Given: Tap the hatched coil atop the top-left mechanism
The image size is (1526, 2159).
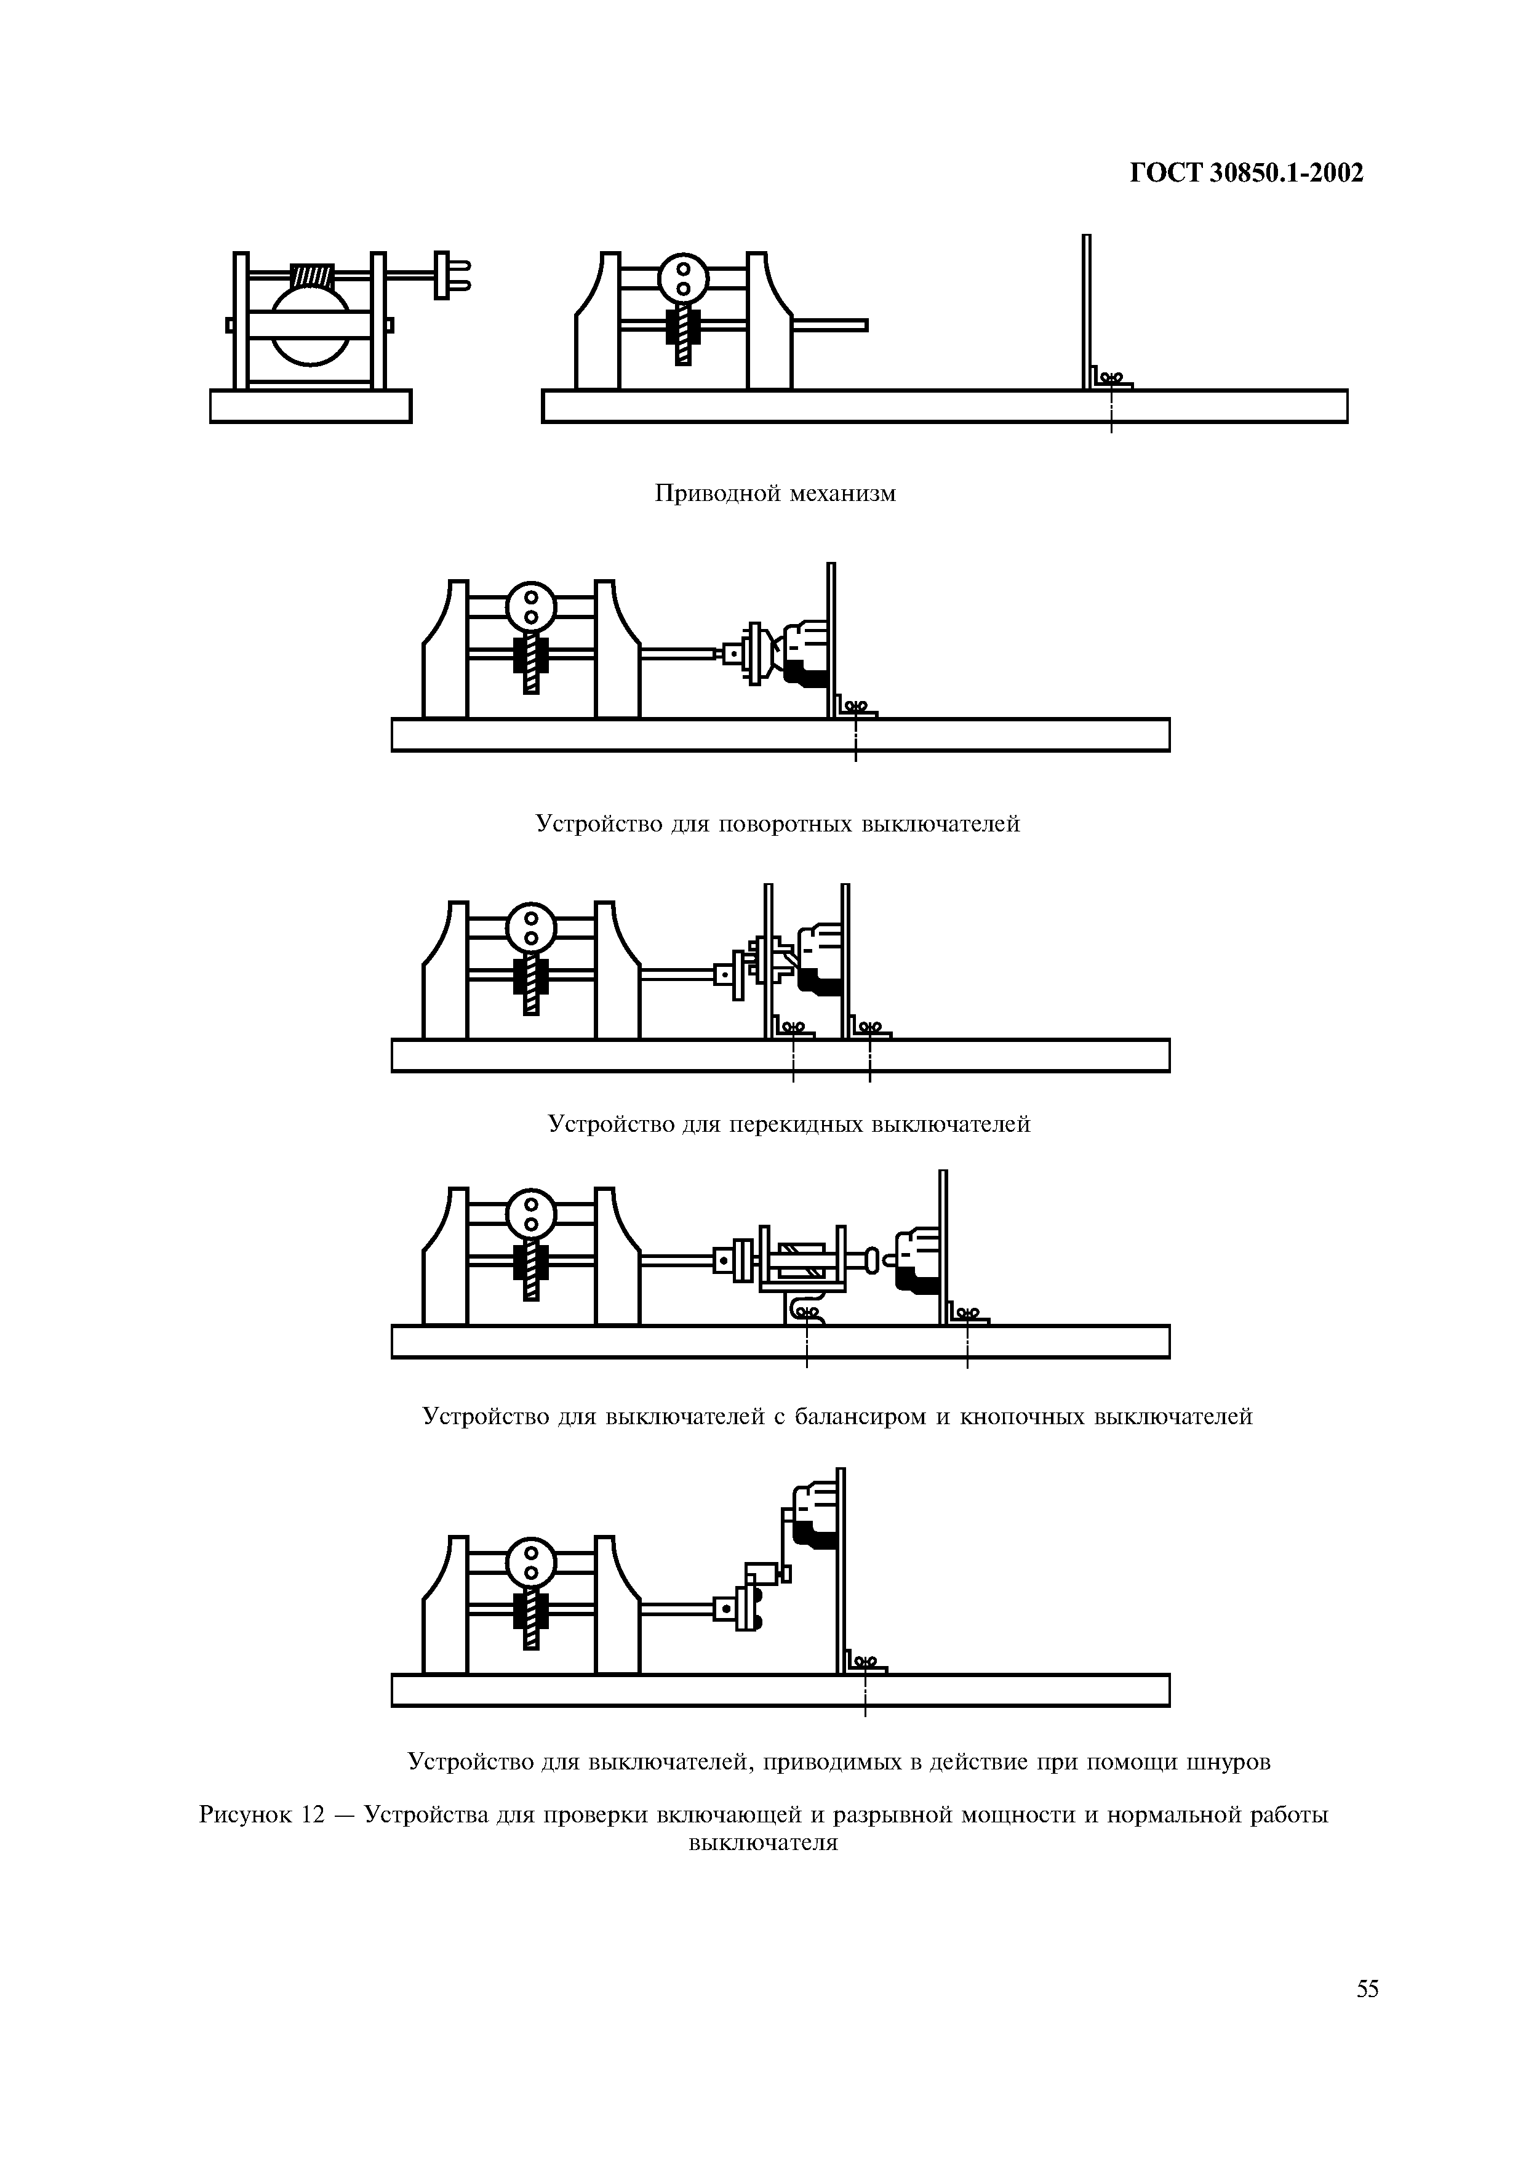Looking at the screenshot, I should [312, 276].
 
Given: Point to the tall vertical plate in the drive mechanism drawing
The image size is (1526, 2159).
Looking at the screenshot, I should [1086, 310].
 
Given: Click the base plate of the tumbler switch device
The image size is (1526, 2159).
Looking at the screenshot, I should [780, 1055].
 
